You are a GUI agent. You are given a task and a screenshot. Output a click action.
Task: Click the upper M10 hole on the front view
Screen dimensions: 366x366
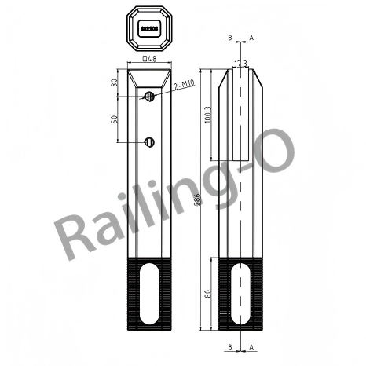pyautogui.click(x=149, y=96)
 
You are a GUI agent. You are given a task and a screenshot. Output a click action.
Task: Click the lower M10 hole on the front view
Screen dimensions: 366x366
pyautogui.click(x=149, y=141)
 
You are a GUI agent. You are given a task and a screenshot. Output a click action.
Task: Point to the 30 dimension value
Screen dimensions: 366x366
pyautogui.click(x=115, y=82)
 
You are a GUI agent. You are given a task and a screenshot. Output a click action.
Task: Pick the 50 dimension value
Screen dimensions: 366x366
pyautogui.click(x=115, y=119)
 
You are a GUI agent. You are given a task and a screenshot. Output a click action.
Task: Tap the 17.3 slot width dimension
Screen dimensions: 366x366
pyautogui.click(x=240, y=63)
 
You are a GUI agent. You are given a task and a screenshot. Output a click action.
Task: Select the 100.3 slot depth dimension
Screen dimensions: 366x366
pyautogui.click(x=207, y=115)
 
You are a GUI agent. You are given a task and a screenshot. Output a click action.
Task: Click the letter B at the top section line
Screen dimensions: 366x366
pyautogui.click(x=229, y=37)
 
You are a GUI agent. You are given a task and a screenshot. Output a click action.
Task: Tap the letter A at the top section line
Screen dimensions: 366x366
pyautogui.click(x=251, y=37)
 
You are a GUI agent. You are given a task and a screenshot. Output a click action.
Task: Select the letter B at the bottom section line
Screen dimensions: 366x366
pyautogui.click(x=229, y=346)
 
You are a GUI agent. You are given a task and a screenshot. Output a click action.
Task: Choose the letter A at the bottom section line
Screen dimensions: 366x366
pyautogui.click(x=251, y=346)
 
